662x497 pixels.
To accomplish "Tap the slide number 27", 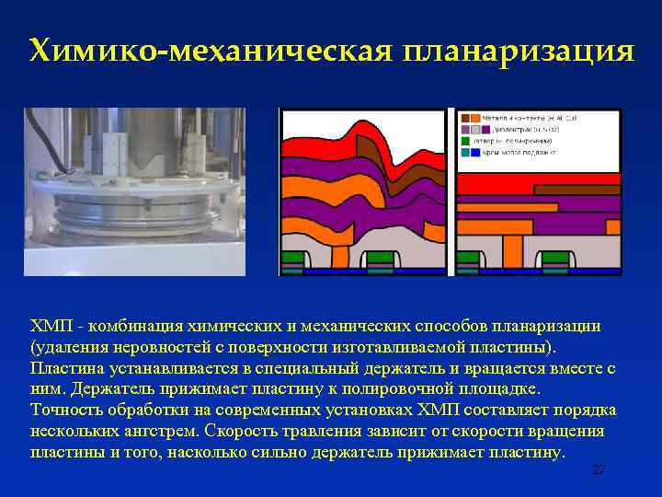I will (599, 470).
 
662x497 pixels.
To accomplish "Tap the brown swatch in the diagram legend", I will (464, 119).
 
